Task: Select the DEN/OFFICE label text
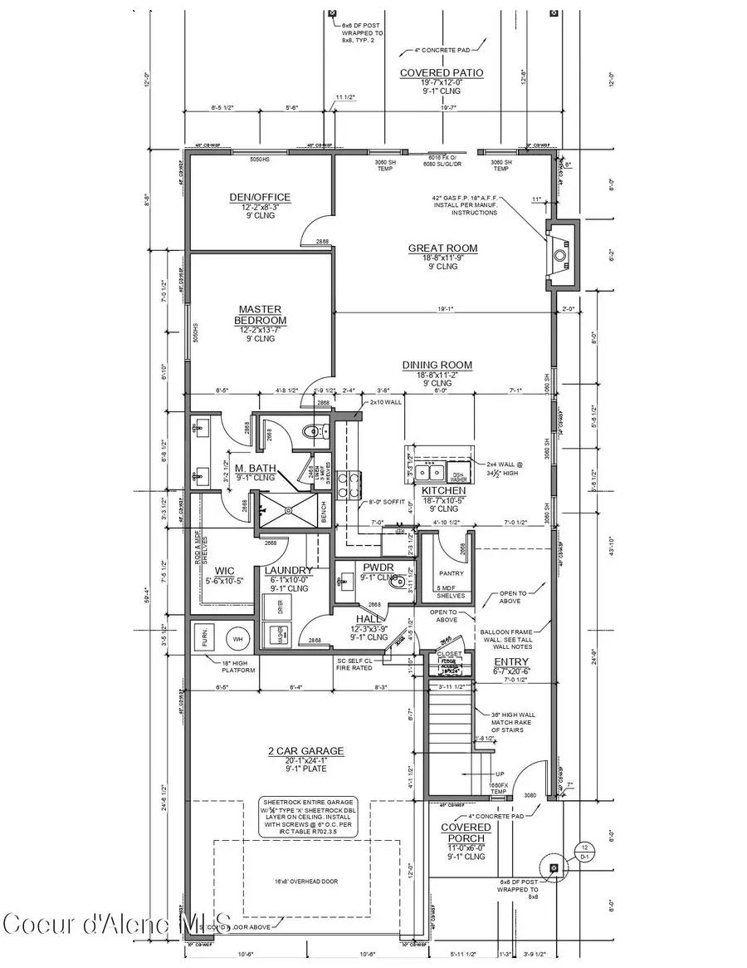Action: tap(260, 197)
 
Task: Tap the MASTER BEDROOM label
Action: tap(260, 314)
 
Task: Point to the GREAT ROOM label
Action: tap(442, 248)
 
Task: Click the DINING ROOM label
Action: tap(437, 364)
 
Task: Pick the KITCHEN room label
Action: tap(443, 491)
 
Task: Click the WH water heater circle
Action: tap(237, 640)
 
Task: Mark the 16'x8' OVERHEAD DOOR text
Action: tap(307, 882)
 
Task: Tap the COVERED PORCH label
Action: tap(465, 833)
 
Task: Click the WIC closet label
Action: tap(224, 570)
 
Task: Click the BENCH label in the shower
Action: tap(323, 515)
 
